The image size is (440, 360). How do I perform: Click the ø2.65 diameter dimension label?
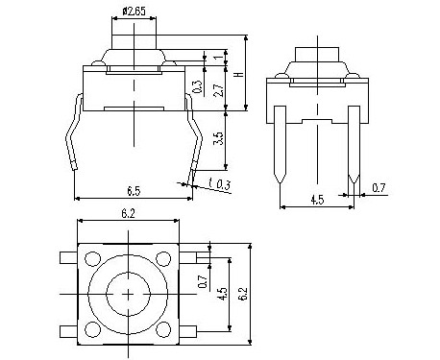[134, 12]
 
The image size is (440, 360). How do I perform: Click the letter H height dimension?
[239, 74]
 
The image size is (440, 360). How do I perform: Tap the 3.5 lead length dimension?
[218, 138]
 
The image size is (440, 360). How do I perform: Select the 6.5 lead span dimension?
[134, 191]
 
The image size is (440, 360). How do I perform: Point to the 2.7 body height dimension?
[218, 90]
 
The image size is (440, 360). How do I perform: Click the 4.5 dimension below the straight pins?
[317, 200]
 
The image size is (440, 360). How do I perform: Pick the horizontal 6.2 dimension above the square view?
[128, 213]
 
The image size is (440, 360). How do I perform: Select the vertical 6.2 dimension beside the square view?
[243, 293]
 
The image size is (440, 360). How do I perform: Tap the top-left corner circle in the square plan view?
[92, 258]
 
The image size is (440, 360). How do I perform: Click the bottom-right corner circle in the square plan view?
[163, 329]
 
